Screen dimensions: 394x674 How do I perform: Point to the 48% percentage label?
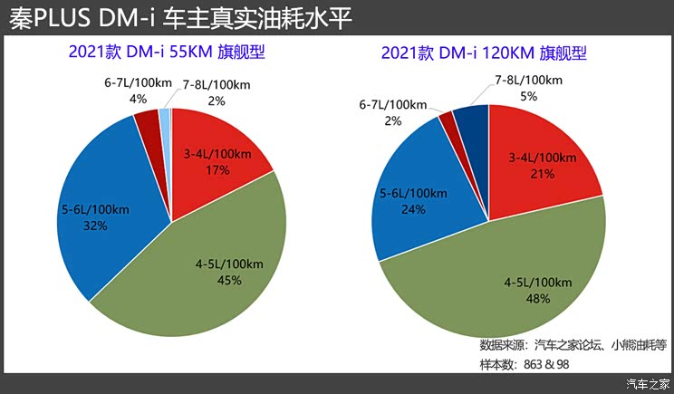[x=540, y=298]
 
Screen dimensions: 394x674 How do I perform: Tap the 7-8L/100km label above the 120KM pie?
[x=528, y=80]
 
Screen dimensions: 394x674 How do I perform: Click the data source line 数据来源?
[x=573, y=344]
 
